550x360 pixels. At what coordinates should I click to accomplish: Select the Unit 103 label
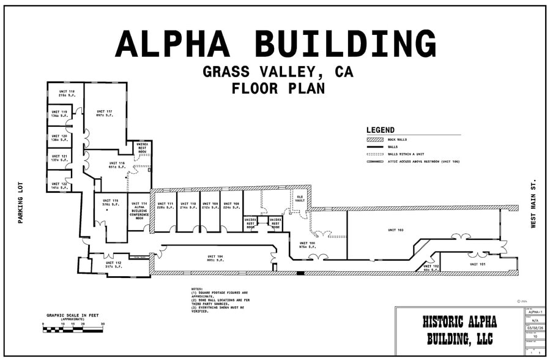[396, 230]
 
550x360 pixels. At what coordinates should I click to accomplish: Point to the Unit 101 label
[478, 264]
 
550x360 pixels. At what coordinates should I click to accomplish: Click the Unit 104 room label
[215, 258]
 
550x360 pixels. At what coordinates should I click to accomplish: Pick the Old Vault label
[300, 198]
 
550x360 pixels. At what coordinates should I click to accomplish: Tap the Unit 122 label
[59, 184]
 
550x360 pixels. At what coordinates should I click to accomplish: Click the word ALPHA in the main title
[172, 44]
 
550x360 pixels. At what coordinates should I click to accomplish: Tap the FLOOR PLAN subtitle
[278, 88]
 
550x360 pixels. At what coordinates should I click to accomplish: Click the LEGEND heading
[381, 130]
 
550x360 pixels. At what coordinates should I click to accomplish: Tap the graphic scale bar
[73, 329]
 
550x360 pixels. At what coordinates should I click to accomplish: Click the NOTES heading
[197, 289]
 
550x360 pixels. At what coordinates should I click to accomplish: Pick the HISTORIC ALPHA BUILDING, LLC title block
[459, 330]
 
